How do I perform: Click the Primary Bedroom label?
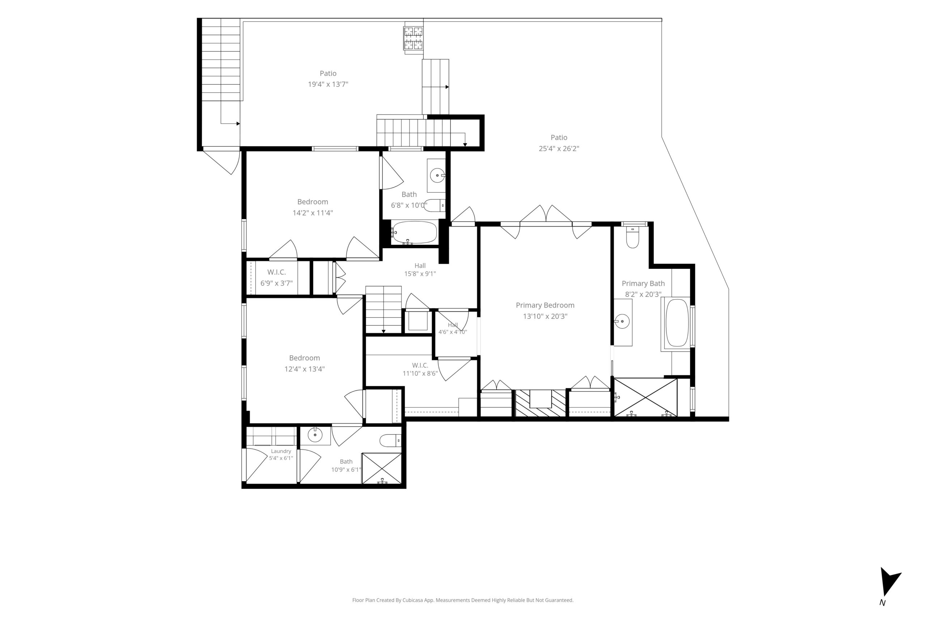545,305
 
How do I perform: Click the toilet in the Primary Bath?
632,237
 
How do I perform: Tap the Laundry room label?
281,451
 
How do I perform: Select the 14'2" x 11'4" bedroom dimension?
313,213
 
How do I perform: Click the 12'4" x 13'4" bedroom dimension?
304,369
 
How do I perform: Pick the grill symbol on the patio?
413,39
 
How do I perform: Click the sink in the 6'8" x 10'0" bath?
437,176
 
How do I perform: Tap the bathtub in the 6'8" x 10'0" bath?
415,232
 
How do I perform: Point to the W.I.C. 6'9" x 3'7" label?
276,277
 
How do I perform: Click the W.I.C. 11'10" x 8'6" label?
420,369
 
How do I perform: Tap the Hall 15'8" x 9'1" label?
420,270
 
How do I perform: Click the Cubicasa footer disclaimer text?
463,600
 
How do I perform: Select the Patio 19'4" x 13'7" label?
328,79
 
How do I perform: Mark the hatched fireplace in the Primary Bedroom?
540,403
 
